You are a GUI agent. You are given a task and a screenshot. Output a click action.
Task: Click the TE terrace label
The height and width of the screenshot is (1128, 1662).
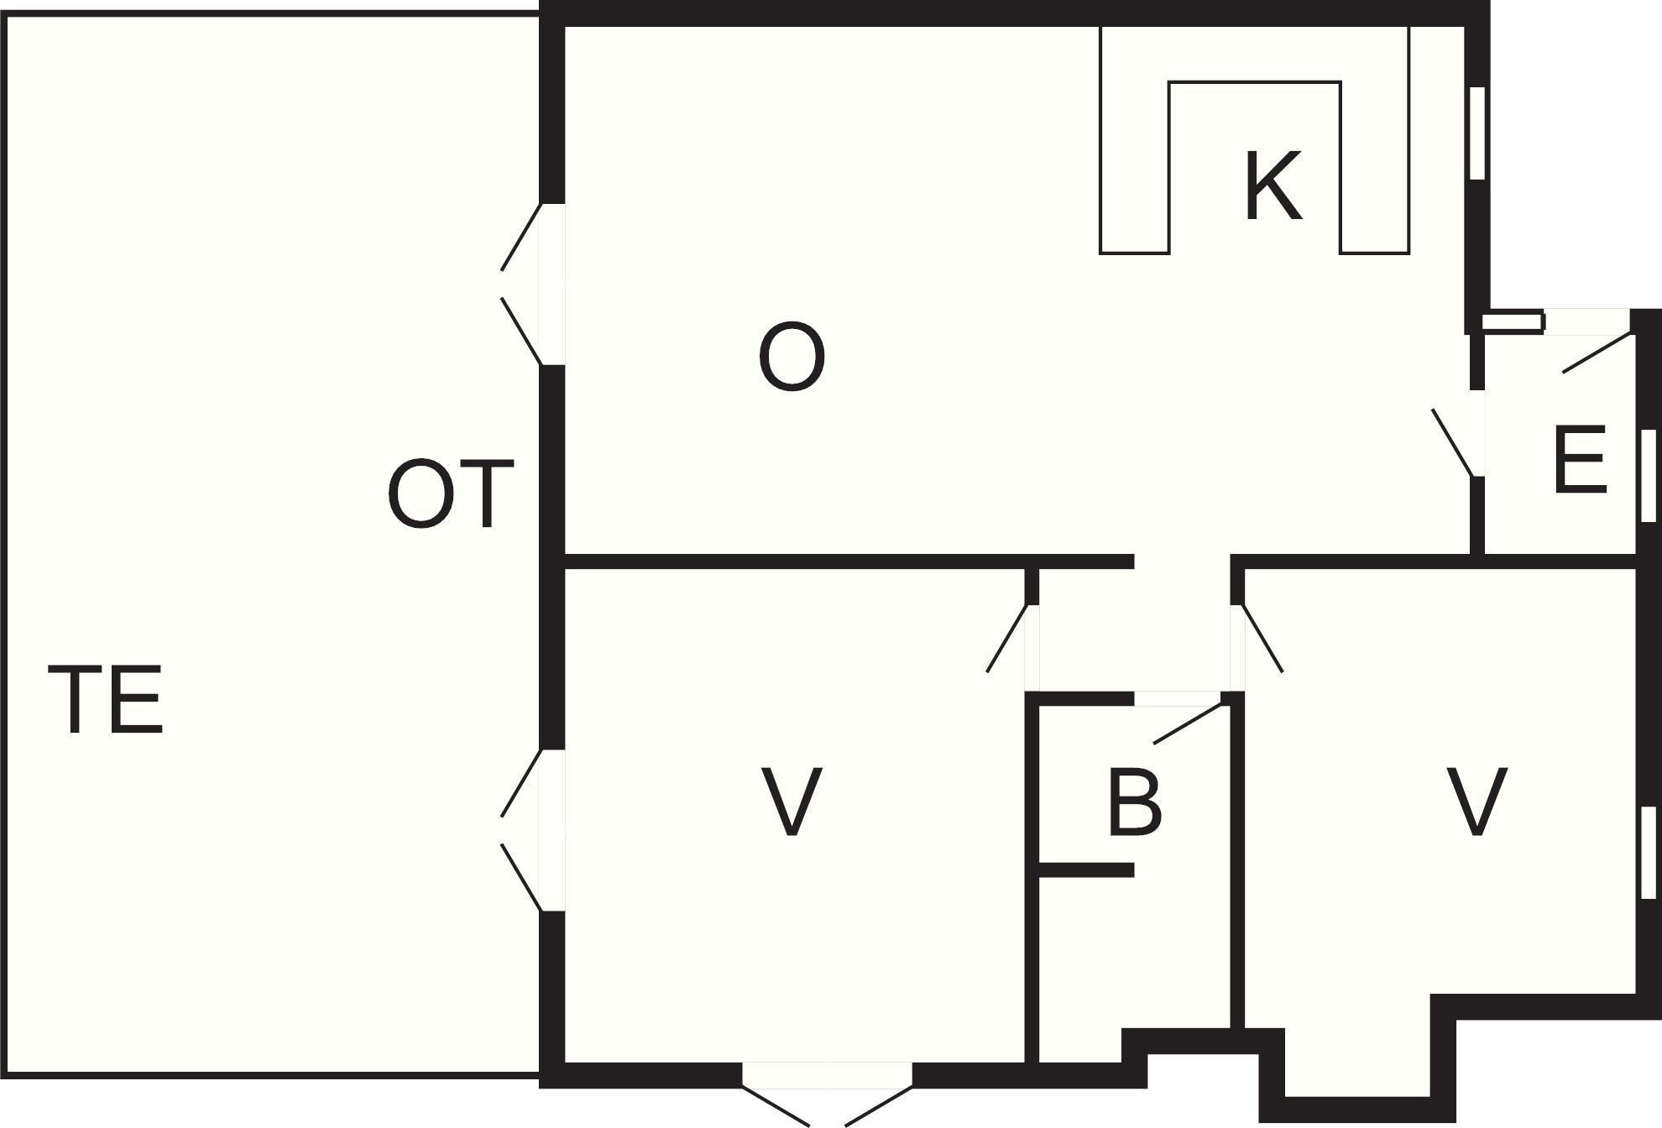point(105,699)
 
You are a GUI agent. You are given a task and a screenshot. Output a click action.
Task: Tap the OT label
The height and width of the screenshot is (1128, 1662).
point(451,493)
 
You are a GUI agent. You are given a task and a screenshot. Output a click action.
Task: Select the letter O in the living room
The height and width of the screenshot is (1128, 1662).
point(792,358)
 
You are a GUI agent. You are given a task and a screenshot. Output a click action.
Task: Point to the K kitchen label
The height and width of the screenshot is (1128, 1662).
point(1273,185)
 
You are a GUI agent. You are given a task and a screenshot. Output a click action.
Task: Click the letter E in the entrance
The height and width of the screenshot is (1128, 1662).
point(1580,460)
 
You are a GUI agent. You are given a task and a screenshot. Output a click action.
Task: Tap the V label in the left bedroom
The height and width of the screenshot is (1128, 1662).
point(791,802)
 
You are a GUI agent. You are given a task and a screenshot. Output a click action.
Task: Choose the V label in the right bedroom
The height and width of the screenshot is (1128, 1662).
point(1476,802)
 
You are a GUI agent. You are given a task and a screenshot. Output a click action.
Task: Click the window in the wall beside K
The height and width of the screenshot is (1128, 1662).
point(1477,133)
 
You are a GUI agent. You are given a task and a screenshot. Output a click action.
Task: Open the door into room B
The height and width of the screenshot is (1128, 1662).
point(1187,723)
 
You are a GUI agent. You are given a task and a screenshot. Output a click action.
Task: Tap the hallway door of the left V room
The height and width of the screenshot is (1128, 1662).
point(1007,638)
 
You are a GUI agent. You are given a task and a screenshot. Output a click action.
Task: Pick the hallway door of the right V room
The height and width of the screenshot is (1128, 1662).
point(1262,638)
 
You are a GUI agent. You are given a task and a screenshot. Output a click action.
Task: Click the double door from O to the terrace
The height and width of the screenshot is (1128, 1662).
point(522,284)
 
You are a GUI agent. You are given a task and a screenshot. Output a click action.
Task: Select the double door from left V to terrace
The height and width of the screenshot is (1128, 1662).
point(522,829)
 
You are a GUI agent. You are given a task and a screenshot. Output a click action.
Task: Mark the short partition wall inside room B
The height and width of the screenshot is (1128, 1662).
point(1086,870)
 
